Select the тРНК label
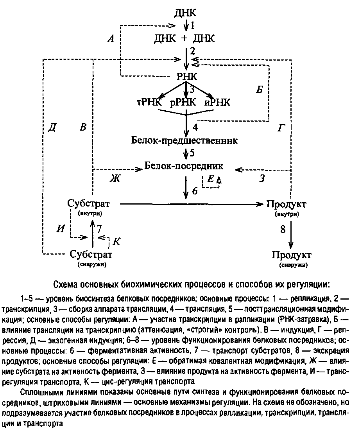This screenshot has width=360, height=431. (x=148, y=103)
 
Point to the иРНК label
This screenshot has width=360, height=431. (x=217, y=103)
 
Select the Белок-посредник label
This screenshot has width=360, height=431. (x=184, y=166)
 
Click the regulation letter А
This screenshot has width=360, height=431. (x=111, y=38)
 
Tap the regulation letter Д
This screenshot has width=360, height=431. (x=51, y=128)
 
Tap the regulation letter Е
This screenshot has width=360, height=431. (x=211, y=179)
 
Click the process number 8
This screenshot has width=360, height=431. (x=283, y=229)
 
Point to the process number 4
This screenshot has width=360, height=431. (x=195, y=128)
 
